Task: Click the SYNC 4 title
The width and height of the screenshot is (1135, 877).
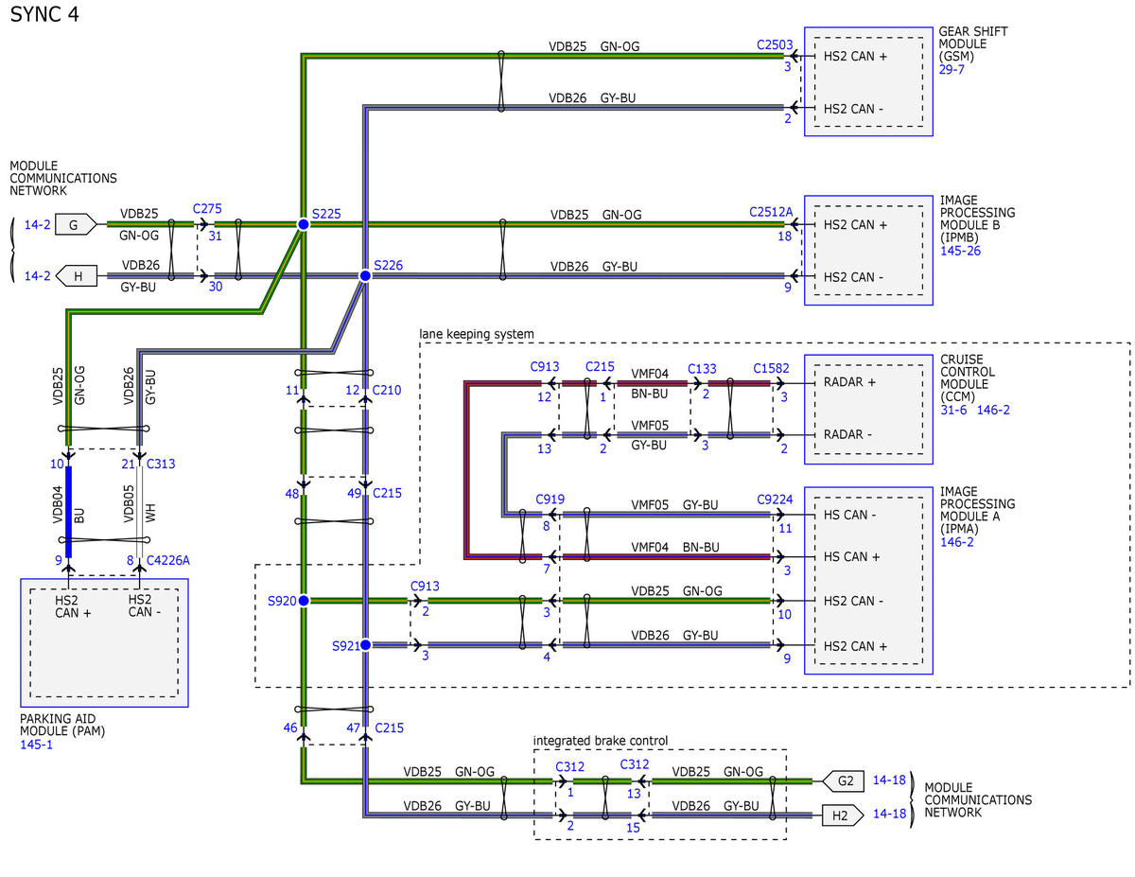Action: click(x=44, y=14)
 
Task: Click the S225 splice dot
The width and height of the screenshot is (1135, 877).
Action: click(x=303, y=224)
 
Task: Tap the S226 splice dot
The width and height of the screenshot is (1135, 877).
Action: click(x=365, y=275)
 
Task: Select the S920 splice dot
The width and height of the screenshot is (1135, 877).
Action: click(x=304, y=601)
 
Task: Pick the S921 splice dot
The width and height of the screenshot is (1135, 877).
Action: click(x=366, y=645)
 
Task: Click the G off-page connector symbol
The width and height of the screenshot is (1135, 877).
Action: click(x=76, y=224)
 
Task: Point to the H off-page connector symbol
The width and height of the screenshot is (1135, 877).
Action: click(x=77, y=276)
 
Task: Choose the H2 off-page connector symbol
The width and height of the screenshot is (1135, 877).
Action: click(x=843, y=816)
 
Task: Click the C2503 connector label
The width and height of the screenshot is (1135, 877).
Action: click(x=775, y=44)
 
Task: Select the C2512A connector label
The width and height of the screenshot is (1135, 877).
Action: click(x=771, y=212)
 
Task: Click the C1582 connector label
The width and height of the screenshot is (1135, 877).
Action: click(x=771, y=368)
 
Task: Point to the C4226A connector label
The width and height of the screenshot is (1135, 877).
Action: click(x=168, y=560)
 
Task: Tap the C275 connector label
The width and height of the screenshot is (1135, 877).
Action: click(x=207, y=208)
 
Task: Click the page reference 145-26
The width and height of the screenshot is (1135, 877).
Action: click(x=961, y=251)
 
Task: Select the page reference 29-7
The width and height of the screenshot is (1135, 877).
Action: click(x=952, y=69)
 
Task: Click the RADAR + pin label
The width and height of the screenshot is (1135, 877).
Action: click(x=849, y=382)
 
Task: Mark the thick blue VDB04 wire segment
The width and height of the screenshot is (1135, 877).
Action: click(x=68, y=512)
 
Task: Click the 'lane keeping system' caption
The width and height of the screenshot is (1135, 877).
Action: click(x=477, y=334)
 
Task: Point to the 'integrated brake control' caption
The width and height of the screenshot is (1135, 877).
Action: click(x=601, y=740)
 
